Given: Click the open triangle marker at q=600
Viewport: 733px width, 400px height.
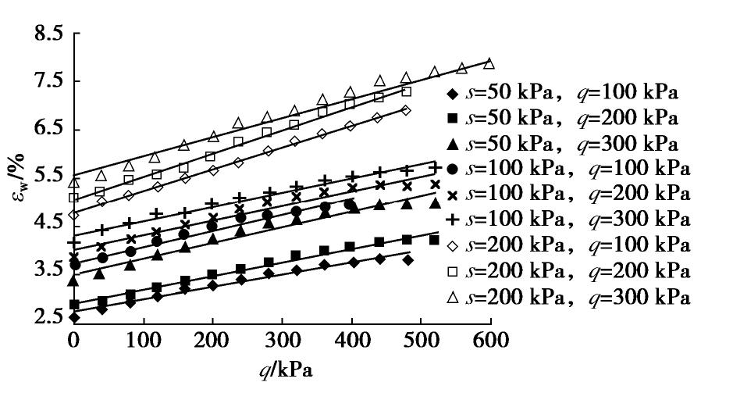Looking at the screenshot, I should tap(489, 63).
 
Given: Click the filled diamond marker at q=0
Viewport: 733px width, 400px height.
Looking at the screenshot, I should tap(74, 317).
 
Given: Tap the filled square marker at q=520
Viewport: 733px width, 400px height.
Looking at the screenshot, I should tap(434, 240).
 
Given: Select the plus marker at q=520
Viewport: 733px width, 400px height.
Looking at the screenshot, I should tap(435, 168).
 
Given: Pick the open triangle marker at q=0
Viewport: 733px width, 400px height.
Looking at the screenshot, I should tap(74, 182).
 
